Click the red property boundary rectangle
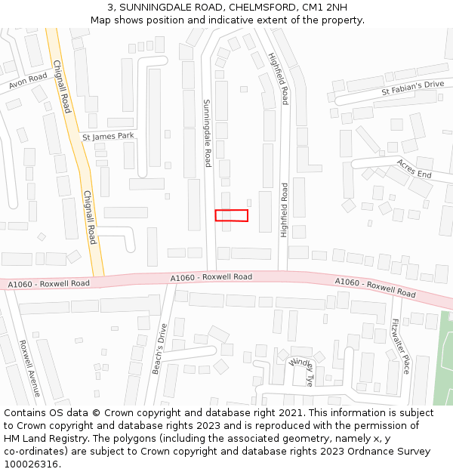[x=232, y=215]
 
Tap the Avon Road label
[x=28, y=81]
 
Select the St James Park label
[x=108, y=137]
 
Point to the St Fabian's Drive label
[x=412, y=88]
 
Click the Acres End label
[x=414, y=169]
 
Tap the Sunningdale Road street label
[x=207, y=133]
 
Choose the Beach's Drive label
[x=158, y=348]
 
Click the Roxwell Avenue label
[x=29, y=368]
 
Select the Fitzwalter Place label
[x=399, y=346]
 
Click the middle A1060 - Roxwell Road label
[x=211, y=277]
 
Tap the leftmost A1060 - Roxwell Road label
[x=48, y=284]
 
